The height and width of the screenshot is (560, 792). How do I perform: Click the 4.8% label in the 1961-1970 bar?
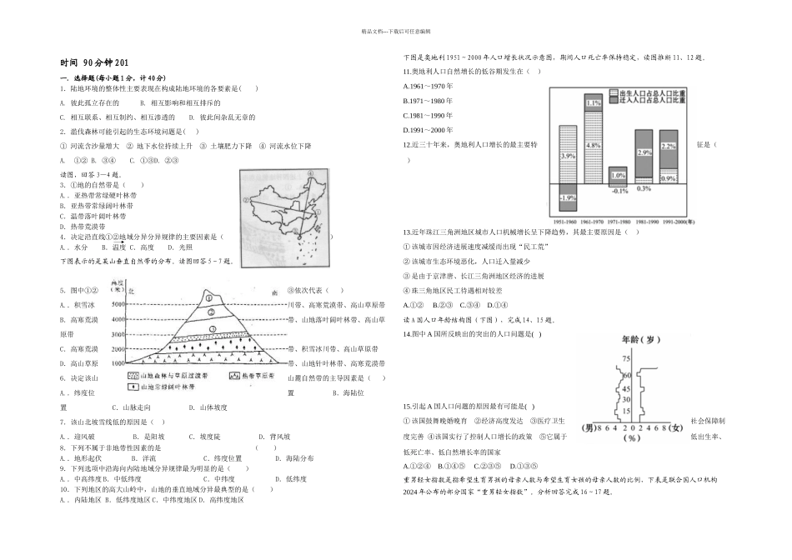tap(594, 145)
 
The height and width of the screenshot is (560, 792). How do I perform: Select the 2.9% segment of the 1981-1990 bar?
tap(643, 152)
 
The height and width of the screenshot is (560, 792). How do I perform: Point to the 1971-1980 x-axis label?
tap(619, 222)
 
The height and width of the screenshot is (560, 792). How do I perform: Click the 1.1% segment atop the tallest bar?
tap(594, 103)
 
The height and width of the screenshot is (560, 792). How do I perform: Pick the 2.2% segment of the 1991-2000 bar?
tap(669, 147)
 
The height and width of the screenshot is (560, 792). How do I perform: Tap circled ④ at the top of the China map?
tap(308, 174)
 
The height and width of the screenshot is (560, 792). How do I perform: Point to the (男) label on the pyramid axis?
tap(591, 427)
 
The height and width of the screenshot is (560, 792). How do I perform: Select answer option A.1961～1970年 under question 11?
tap(426, 87)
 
